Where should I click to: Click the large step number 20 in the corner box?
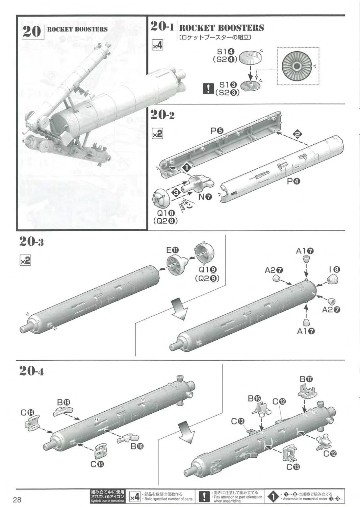(x=32, y=31)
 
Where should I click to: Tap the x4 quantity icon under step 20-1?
(x=157, y=45)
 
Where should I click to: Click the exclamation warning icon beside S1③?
(x=208, y=89)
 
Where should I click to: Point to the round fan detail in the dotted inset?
(x=297, y=66)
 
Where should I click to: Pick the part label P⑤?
(x=216, y=131)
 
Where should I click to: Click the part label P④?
(x=293, y=182)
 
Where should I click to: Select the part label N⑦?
(x=205, y=196)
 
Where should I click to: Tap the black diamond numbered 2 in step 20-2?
(x=297, y=134)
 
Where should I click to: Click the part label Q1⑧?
(x=165, y=213)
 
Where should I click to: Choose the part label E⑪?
(x=172, y=250)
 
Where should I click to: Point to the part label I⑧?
(x=334, y=269)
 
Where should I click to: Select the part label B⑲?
(x=63, y=402)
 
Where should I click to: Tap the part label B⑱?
(x=137, y=446)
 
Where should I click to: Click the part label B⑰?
(x=306, y=379)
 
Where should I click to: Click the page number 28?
(x=17, y=500)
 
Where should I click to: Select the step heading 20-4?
(x=31, y=371)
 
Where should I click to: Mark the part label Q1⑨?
(x=207, y=269)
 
